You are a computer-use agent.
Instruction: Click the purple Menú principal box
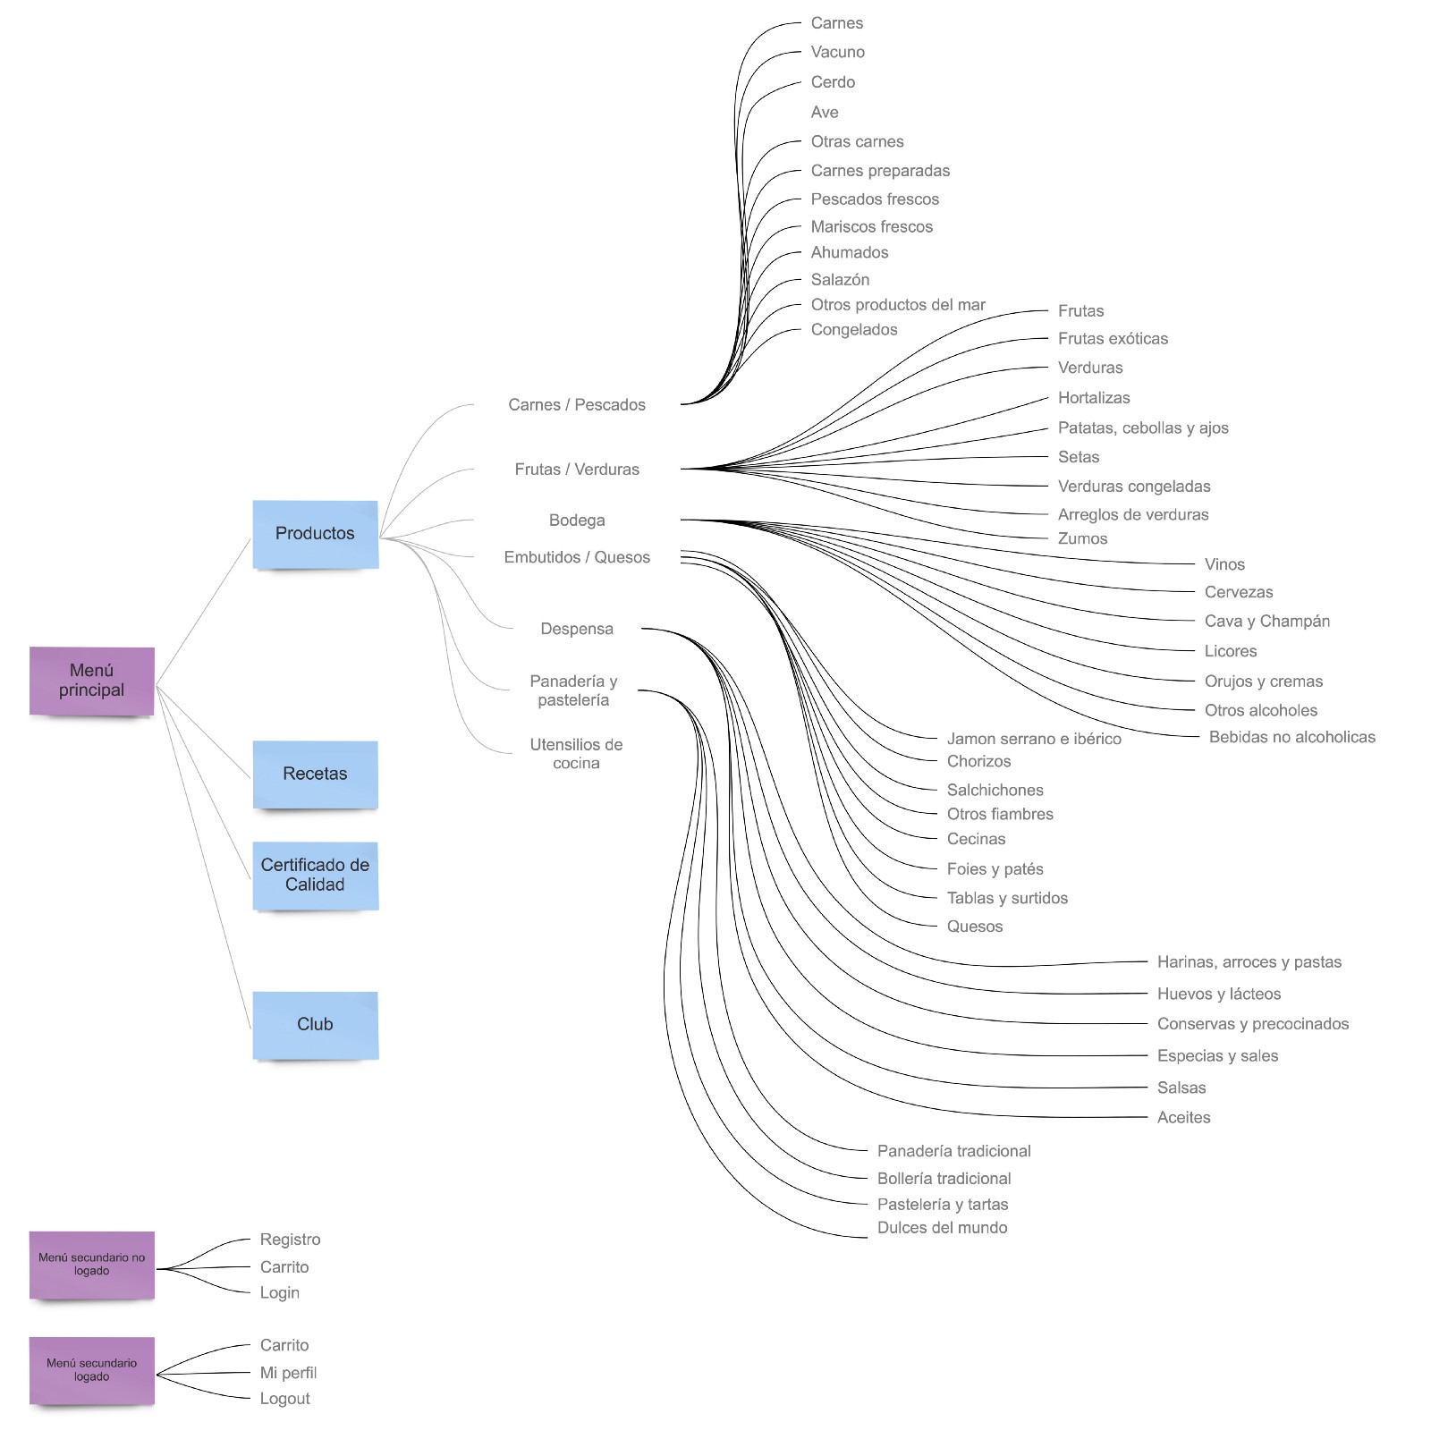click(x=91, y=681)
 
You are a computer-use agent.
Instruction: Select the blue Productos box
click(x=315, y=534)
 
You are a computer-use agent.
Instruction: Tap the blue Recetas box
click(x=315, y=775)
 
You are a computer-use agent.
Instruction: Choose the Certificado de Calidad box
click(x=315, y=876)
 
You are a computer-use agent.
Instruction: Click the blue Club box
click(x=315, y=1025)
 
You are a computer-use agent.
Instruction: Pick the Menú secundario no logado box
click(x=91, y=1265)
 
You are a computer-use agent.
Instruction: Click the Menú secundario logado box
click(x=91, y=1370)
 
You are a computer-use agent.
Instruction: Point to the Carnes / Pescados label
click(x=577, y=405)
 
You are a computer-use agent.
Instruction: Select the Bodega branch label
click(x=577, y=521)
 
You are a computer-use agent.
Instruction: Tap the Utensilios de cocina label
click(x=576, y=754)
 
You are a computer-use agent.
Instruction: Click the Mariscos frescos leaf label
click(x=871, y=227)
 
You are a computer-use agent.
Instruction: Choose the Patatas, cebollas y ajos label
click(x=1142, y=428)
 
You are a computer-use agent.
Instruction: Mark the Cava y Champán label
click(x=1266, y=622)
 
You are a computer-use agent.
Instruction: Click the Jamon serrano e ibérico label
click(x=1033, y=740)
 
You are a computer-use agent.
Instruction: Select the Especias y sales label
click(x=1216, y=1056)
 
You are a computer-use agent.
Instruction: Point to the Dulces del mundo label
click(x=942, y=1228)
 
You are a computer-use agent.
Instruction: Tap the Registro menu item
click(x=290, y=1240)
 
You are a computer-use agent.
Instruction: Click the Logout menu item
click(x=284, y=1399)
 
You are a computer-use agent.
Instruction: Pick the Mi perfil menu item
click(x=288, y=1373)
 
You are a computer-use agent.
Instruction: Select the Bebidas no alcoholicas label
click(x=1291, y=738)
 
